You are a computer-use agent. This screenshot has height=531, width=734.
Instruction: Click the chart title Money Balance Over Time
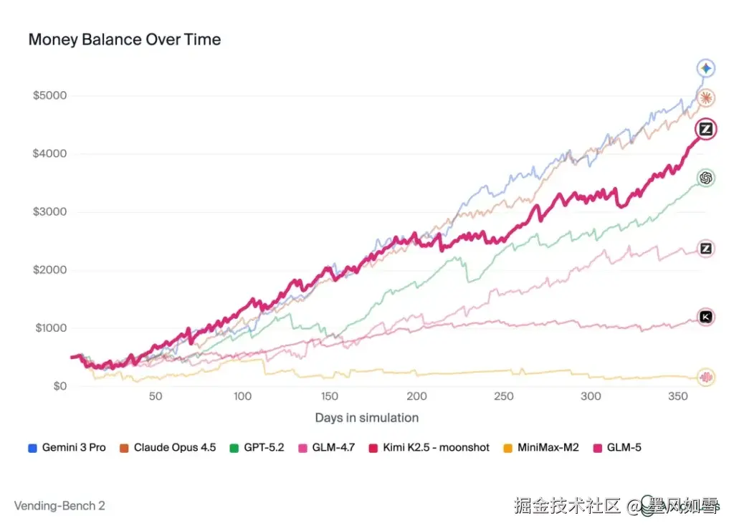tap(124, 39)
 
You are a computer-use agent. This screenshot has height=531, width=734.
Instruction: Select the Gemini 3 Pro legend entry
tap(67, 447)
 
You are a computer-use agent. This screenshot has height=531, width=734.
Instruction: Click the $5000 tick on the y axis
tap(49, 96)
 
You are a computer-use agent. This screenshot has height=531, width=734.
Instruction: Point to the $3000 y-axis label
tap(49, 212)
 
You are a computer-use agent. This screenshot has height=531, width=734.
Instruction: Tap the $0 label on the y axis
tap(59, 386)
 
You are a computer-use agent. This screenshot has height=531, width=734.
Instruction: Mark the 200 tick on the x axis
tap(416, 396)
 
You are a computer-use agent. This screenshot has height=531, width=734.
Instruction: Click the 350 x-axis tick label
tap(677, 396)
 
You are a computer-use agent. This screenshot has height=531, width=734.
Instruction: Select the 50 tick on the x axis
tap(156, 396)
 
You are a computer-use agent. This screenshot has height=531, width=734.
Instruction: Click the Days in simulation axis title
tap(366, 418)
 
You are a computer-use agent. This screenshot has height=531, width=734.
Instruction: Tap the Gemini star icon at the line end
tap(705, 68)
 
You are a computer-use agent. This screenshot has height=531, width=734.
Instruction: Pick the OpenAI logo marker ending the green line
tap(705, 178)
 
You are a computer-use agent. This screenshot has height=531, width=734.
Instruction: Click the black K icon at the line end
tap(705, 317)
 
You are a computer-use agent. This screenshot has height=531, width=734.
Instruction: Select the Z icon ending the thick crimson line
tap(705, 130)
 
